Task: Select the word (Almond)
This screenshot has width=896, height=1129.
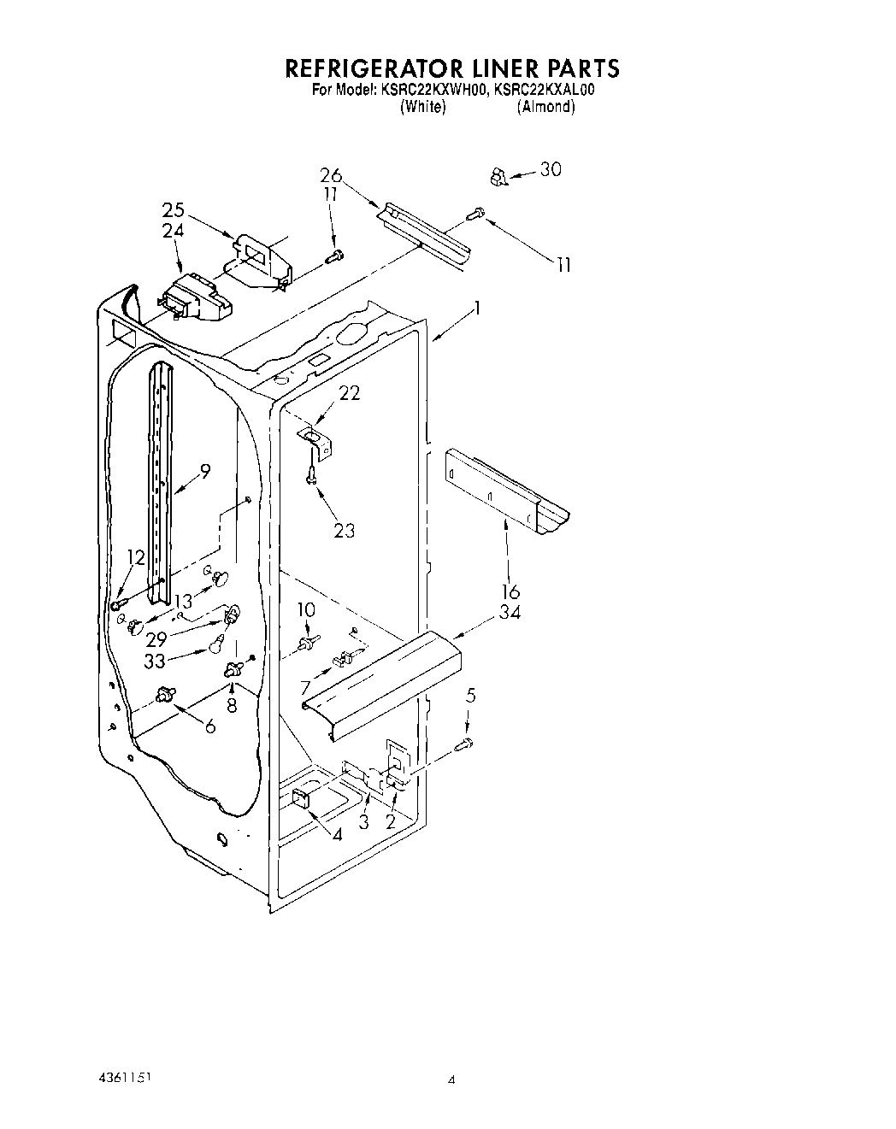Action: coord(545,107)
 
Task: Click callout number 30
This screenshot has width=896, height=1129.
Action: coord(551,169)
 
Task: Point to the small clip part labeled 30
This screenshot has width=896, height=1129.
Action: coord(498,178)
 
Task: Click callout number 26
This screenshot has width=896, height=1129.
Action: coord(331,176)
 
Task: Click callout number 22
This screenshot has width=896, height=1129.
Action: coord(349,393)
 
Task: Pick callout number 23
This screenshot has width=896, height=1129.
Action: coord(344,530)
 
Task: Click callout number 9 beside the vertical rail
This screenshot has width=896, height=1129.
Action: coord(204,469)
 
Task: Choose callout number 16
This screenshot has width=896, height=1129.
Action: coord(511,591)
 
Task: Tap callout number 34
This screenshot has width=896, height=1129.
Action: coord(511,612)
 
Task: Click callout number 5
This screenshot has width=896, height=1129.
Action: coord(471,697)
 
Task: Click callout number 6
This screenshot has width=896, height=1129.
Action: coord(209,726)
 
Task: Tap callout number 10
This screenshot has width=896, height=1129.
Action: coord(305,609)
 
